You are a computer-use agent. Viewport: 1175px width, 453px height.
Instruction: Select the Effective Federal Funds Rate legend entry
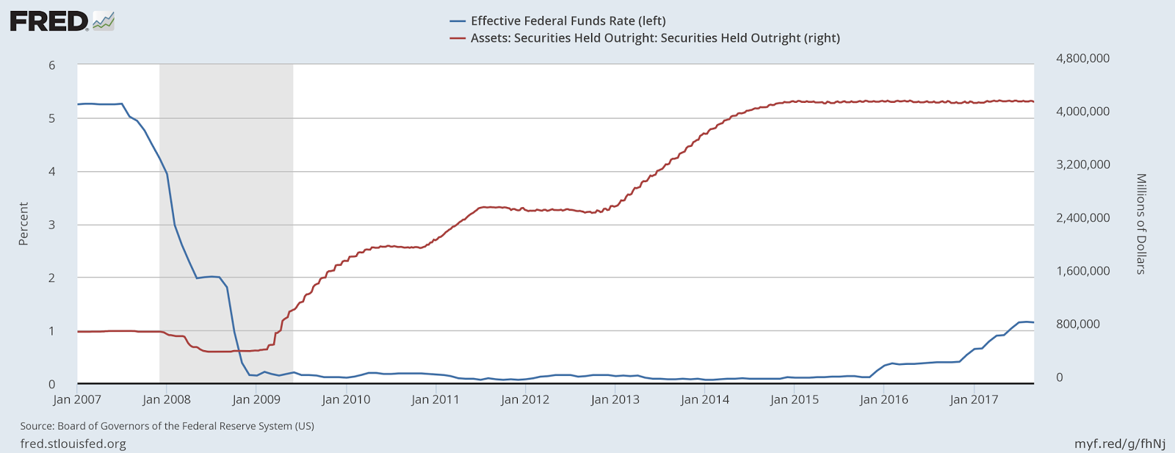(x=568, y=21)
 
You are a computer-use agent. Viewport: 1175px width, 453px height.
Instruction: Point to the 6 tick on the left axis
(x=52, y=65)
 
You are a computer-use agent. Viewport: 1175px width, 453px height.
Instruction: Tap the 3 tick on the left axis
(x=52, y=225)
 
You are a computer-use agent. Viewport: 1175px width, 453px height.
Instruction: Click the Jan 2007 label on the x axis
(x=78, y=399)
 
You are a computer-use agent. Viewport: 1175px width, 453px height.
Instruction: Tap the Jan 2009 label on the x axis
(x=257, y=399)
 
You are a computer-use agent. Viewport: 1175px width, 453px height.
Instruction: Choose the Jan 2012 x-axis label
(x=525, y=399)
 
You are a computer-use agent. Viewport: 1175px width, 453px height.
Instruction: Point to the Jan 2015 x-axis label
(x=795, y=399)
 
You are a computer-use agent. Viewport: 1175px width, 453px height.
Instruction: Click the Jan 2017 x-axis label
(x=974, y=399)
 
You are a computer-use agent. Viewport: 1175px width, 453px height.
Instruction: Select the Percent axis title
(x=23, y=224)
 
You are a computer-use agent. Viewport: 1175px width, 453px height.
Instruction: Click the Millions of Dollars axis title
(x=1141, y=224)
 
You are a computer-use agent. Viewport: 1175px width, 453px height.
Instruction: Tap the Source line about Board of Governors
(x=167, y=426)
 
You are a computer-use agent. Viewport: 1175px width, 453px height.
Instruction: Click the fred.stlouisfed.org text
(x=73, y=443)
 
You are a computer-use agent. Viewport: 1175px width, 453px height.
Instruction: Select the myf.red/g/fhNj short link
(x=1120, y=443)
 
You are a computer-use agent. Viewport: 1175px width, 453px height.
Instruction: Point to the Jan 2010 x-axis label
(x=347, y=399)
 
